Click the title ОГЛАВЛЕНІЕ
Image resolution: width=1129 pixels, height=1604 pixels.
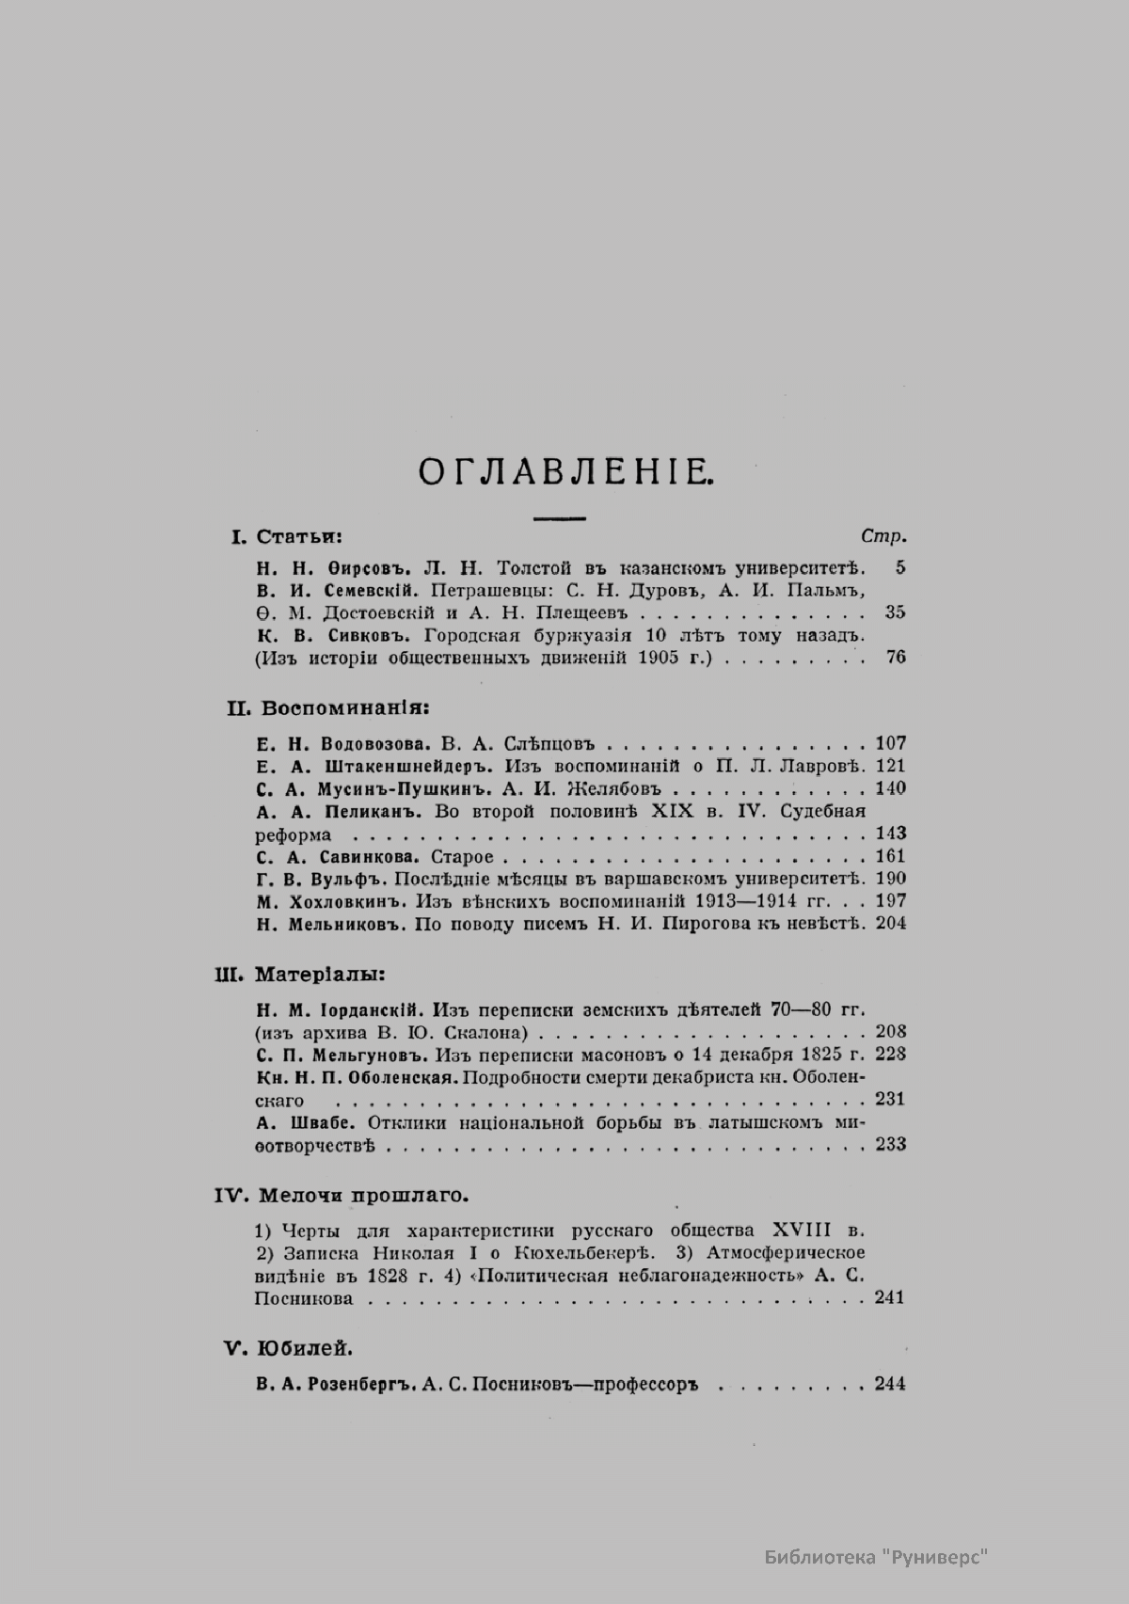click(567, 471)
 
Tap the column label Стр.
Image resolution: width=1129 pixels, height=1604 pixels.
click(883, 537)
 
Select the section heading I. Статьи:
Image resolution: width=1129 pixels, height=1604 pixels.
click(286, 537)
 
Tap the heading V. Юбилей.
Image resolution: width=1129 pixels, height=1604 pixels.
click(288, 1348)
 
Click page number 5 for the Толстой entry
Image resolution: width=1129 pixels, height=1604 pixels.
click(899, 567)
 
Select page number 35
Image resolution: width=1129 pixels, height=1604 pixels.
click(895, 612)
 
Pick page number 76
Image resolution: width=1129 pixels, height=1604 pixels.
click(895, 658)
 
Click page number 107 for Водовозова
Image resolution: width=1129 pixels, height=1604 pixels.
click(890, 743)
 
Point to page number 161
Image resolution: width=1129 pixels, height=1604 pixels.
click(890, 856)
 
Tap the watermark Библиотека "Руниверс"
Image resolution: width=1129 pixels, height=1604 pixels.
click(874, 1558)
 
